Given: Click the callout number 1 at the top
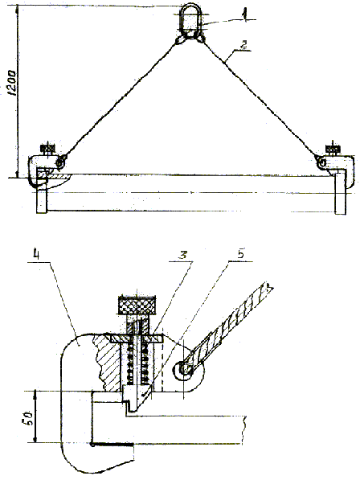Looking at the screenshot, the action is click(x=243, y=14).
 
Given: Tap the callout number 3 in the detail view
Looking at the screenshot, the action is click(x=183, y=256).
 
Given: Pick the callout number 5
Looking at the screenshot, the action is click(x=241, y=255).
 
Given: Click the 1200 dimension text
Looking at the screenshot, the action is click(x=12, y=84).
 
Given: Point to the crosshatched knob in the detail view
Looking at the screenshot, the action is click(x=137, y=305).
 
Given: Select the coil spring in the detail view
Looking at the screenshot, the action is click(x=137, y=363).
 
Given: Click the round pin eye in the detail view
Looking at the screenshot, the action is click(x=185, y=370).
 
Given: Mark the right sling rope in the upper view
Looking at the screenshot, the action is click(x=260, y=98).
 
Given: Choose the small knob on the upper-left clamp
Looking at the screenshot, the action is click(x=47, y=150).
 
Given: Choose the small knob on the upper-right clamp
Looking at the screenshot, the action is click(x=333, y=150).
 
